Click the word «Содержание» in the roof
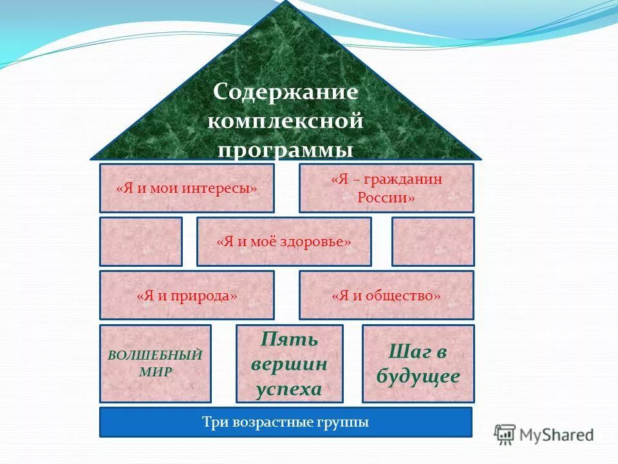pyautogui.click(x=285, y=92)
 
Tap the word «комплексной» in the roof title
pyautogui.click(x=285, y=121)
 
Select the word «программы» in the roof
pyautogui.click(x=285, y=150)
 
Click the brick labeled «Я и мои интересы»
pyautogui.click(x=187, y=188)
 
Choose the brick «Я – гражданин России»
pyautogui.click(x=386, y=188)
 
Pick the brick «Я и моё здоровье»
pyautogui.click(x=284, y=242)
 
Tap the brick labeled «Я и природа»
pyautogui.click(x=187, y=295)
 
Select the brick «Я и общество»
pyautogui.click(x=386, y=295)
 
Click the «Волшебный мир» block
pyautogui.click(x=155, y=363)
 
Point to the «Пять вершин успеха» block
pyautogui.click(x=289, y=363)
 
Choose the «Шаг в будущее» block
pyautogui.click(x=418, y=363)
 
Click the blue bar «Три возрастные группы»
pyautogui.click(x=285, y=422)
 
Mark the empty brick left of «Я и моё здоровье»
pyautogui.click(x=141, y=242)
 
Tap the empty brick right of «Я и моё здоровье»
pyautogui.click(x=433, y=242)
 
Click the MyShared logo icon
pyautogui.click(x=505, y=435)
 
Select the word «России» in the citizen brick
pyautogui.click(x=386, y=198)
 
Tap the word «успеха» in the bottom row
pyautogui.click(x=288, y=389)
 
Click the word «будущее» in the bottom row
pyautogui.click(x=418, y=376)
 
